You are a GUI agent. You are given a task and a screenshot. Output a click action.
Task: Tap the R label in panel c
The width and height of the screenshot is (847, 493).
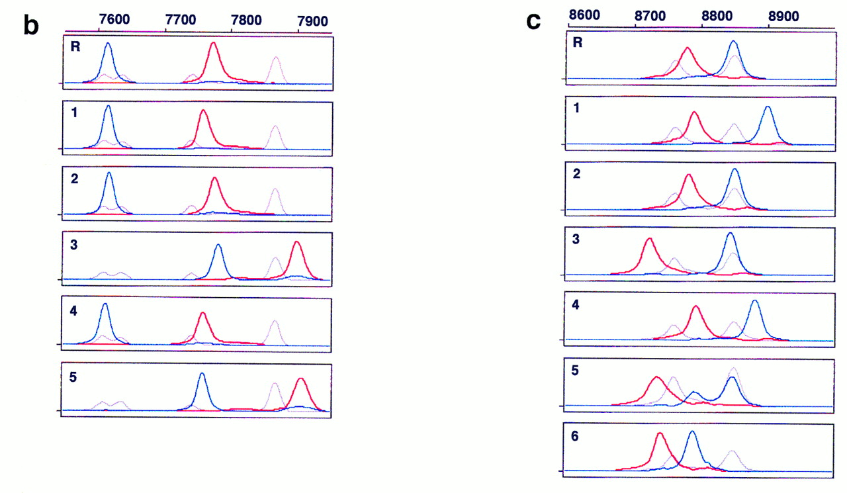pyautogui.click(x=578, y=44)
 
